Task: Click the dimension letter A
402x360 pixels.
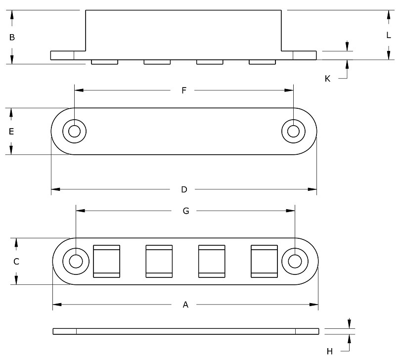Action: pyautogui.click(x=185, y=305)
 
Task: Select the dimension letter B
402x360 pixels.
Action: pyautogui.click(x=12, y=37)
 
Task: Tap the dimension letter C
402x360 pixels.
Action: pyautogui.click(x=16, y=262)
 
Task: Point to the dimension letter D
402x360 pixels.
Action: pyautogui.click(x=184, y=189)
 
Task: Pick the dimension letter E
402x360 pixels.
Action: pyautogui.click(x=11, y=132)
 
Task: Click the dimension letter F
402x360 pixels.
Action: pyautogui.click(x=184, y=90)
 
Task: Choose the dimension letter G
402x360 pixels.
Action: pyautogui.click(x=186, y=211)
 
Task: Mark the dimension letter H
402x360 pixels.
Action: pyautogui.click(x=330, y=351)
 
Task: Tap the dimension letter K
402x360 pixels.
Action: pyautogui.click(x=327, y=79)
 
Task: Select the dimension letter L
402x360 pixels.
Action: pyautogui.click(x=389, y=35)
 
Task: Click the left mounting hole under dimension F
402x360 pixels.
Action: pyautogui.click(x=75, y=132)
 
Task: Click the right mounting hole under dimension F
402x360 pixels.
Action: pyautogui.click(x=293, y=132)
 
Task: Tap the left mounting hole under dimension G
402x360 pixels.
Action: pyautogui.click(x=76, y=261)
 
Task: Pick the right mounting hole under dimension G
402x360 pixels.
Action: pyautogui.click(x=295, y=261)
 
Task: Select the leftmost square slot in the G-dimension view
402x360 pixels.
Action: pyautogui.click(x=107, y=261)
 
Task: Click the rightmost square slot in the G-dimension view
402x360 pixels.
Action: pyautogui.click(x=265, y=261)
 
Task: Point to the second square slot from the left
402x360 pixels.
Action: pyautogui.click(x=159, y=261)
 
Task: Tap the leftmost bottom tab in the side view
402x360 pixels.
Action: pyautogui.click(x=105, y=62)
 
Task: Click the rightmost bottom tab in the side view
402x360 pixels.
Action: pyautogui.click(x=262, y=62)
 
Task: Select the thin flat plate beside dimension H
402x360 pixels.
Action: pyautogui.click(x=185, y=331)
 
